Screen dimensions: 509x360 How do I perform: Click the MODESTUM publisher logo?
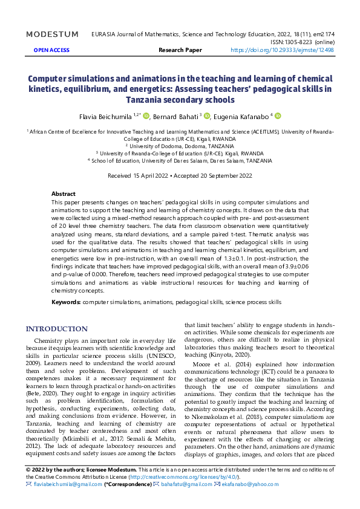tap(52, 34)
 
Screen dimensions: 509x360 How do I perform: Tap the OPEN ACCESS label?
tap(51, 50)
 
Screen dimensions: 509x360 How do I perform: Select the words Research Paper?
tap(180, 50)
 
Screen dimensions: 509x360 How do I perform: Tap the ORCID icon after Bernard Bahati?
tap(206, 115)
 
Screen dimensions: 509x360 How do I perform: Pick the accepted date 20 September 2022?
tap(219, 175)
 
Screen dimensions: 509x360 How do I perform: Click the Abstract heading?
tap(64, 193)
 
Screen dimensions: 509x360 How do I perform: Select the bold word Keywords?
tap(66, 301)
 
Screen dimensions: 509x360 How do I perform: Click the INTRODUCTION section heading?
tap(56, 329)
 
